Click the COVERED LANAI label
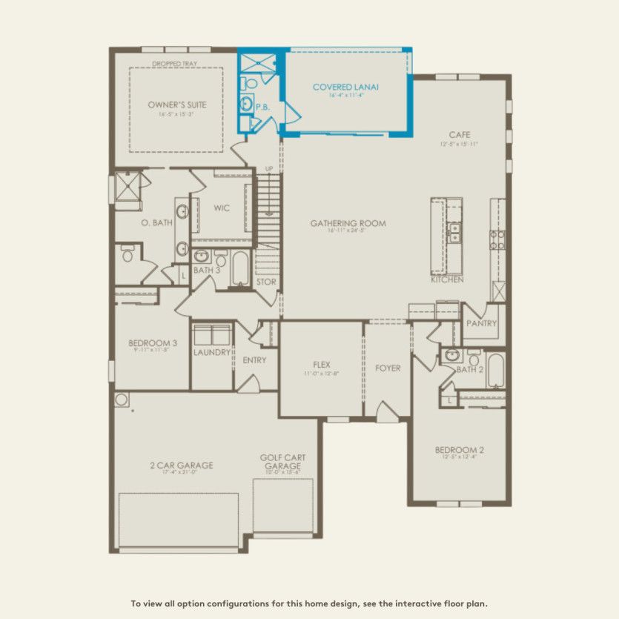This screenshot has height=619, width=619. pyautogui.click(x=345, y=87)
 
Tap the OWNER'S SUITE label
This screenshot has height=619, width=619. pyautogui.click(x=177, y=105)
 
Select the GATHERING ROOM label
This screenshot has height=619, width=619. pyautogui.click(x=348, y=223)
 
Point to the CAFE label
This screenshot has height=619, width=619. pyautogui.click(x=460, y=135)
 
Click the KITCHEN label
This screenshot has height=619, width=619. pyautogui.click(x=447, y=279)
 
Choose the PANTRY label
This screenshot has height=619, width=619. pyautogui.click(x=480, y=323)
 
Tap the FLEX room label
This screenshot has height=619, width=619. pyautogui.click(x=321, y=365)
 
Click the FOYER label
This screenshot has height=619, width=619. pyautogui.click(x=388, y=368)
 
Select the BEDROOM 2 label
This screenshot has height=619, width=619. pyautogui.click(x=460, y=450)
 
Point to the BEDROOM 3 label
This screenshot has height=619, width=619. pyautogui.click(x=153, y=343)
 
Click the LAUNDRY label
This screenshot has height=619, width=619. pyautogui.click(x=212, y=352)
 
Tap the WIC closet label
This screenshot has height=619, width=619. pyautogui.click(x=222, y=208)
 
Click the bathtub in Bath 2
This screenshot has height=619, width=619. pyautogui.click(x=496, y=371)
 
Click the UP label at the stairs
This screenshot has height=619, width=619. pyautogui.click(x=269, y=170)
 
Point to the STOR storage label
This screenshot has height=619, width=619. pyautogui.click(x=266, y=282)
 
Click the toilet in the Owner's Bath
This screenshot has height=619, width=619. pyautogui.click(x=127, y=255)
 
